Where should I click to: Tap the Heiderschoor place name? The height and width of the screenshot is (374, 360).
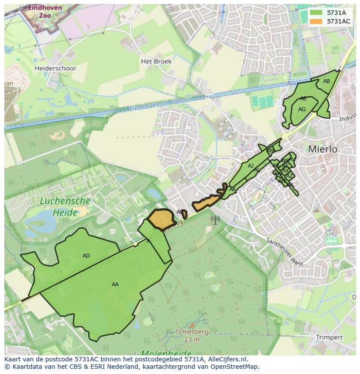point(55,68)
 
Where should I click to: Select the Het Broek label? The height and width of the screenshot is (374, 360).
point(156,61)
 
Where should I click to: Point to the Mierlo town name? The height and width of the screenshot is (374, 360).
point(323,149)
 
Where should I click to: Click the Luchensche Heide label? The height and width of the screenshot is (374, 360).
point(65,207)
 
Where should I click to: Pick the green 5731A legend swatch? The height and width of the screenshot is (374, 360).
point(317,13)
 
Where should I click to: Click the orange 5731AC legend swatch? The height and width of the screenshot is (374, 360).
point(317,21)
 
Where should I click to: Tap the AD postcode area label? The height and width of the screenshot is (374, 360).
point(86,256)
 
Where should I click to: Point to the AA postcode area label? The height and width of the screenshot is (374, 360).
point(115,285)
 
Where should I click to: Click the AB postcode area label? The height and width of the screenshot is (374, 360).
point(327,81)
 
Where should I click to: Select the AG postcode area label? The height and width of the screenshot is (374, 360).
point(302,109)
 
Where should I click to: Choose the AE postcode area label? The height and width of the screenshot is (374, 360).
point(303,99)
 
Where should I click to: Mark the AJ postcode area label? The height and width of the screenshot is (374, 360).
point(250,166)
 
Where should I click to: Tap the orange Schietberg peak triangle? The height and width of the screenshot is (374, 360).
point(192,324)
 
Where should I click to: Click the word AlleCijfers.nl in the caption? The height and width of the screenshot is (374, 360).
point(227,360)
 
